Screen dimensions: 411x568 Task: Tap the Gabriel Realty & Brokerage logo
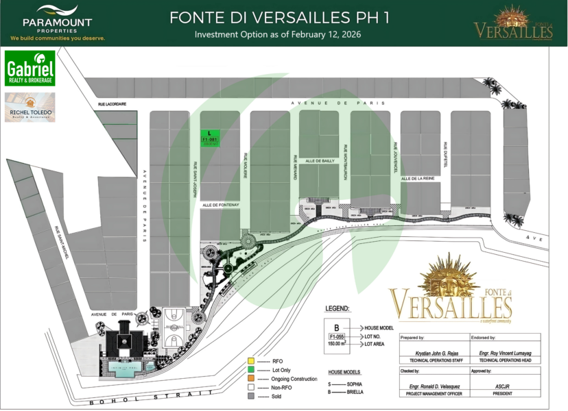29,68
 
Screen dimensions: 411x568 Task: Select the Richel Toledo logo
29,107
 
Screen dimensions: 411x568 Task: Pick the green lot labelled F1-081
210,137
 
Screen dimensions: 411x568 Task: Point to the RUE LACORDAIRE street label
110,104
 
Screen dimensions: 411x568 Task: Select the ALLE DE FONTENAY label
220,205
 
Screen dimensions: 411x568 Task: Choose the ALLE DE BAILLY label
319,160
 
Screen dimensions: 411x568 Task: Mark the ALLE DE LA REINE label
418,179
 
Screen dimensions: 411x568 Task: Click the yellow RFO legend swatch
251,360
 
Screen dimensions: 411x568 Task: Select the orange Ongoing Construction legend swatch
251,378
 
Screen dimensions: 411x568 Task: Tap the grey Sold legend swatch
251,396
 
